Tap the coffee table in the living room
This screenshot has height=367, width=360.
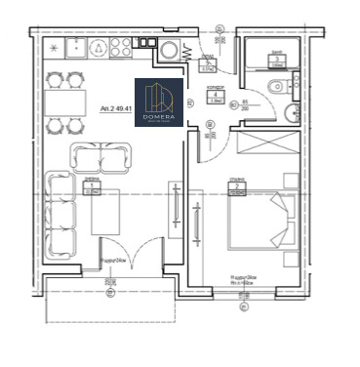coord(105,212)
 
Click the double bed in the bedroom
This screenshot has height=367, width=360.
coord(259,220)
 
